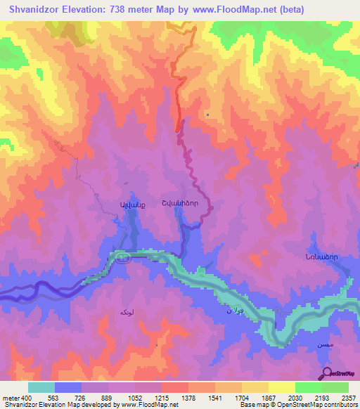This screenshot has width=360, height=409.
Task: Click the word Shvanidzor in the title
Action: (x=33, y=11)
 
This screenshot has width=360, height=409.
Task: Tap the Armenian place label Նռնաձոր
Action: (x=321, y=257)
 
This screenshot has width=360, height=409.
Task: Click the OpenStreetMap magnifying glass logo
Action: (x=327, y=373)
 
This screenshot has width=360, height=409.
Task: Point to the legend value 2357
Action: (x=349, y=397)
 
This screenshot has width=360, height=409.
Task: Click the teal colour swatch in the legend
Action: (x=41, y=387)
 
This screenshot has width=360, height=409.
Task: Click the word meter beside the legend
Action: (x=10, y=397)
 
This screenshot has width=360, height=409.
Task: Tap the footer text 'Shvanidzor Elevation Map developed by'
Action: (x=59, y=405)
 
